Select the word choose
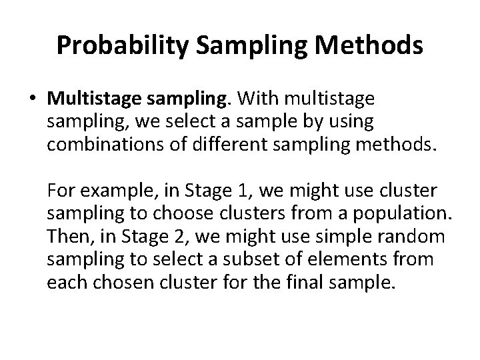click(x=177, y=213)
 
